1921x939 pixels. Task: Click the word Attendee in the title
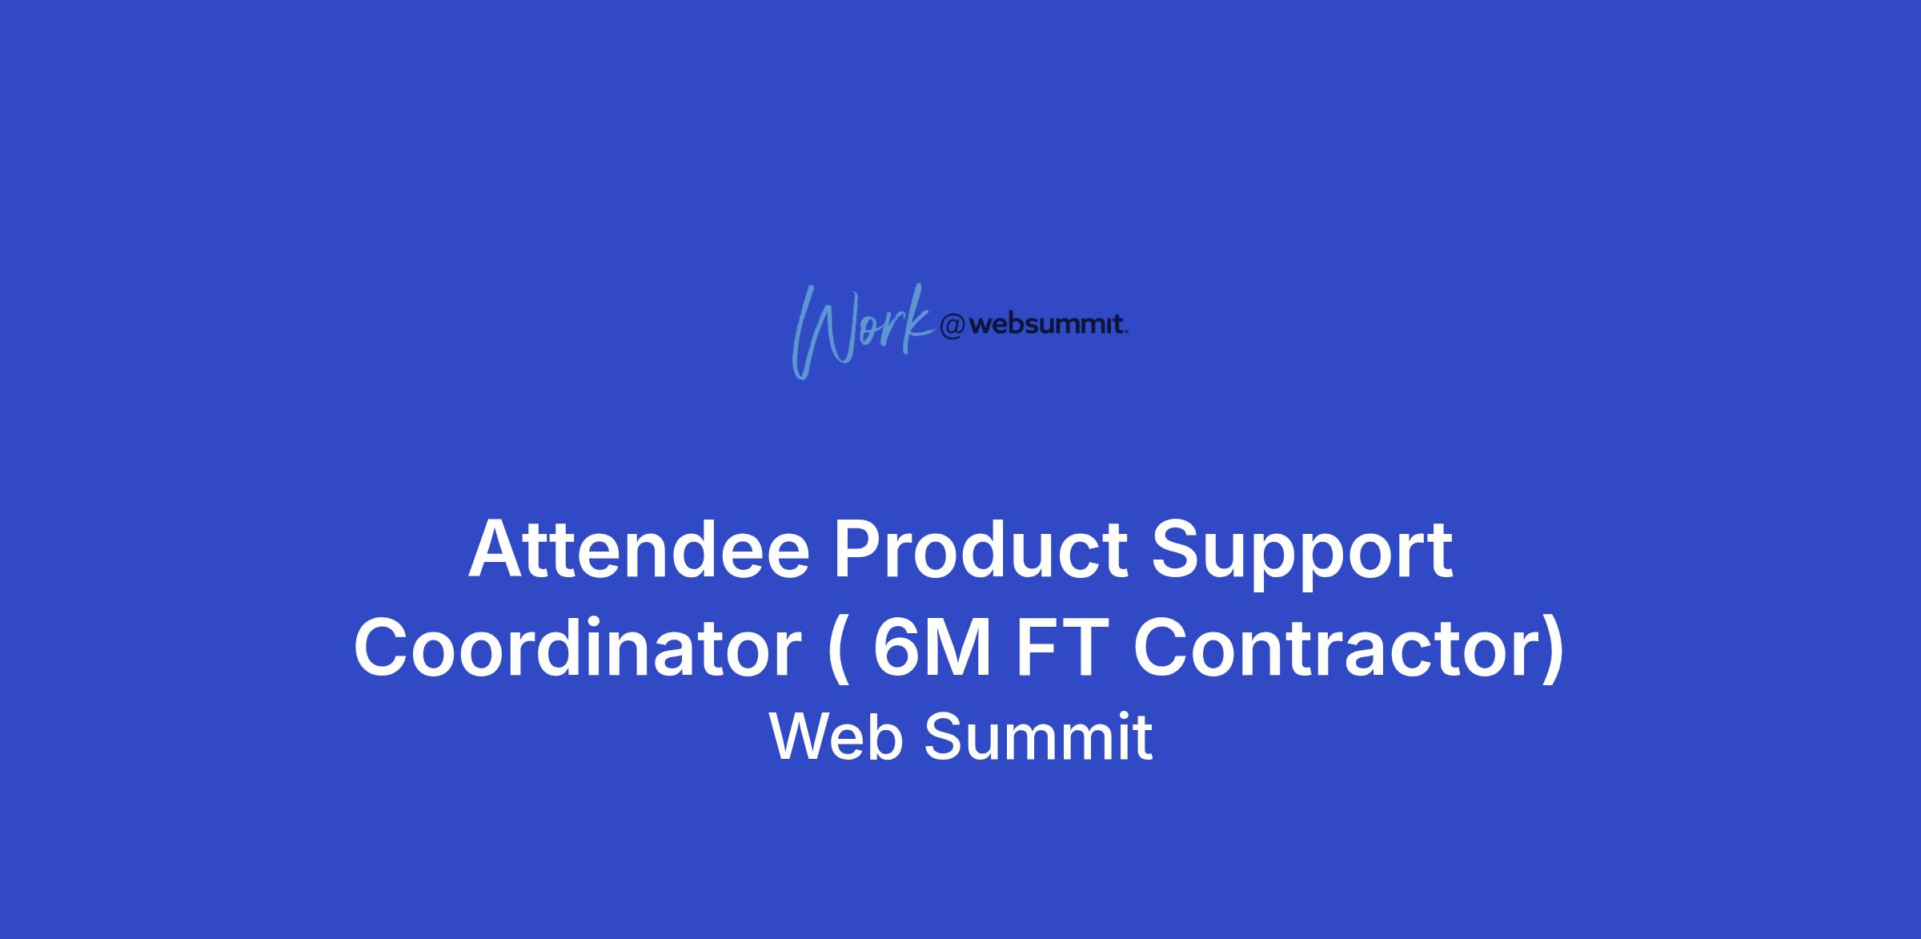[640, 550]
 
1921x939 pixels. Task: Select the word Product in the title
[981, 550]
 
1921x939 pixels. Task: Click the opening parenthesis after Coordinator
[837, 652]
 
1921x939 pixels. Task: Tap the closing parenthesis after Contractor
[1554, 652]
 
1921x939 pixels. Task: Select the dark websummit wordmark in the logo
[1049, 324]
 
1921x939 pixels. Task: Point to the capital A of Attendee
[498, 550]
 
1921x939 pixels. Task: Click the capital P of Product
[859, 550]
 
